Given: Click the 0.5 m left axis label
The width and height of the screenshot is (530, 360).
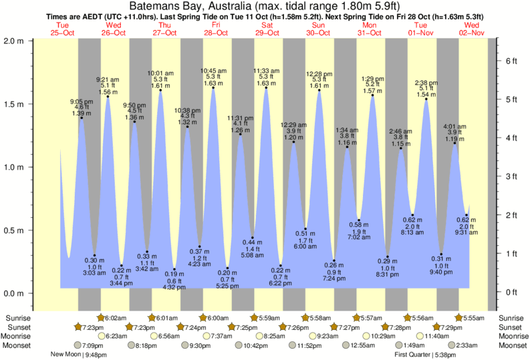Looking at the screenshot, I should tap(14, 230).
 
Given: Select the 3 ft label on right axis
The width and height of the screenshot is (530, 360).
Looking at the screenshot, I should tap(511, 176).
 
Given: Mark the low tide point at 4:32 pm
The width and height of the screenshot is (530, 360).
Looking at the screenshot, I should tap(174, 269).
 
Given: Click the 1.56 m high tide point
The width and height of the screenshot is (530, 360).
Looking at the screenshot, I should tap(108, 96).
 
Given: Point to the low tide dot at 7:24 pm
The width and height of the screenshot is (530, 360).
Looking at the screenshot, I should tap(334, 260).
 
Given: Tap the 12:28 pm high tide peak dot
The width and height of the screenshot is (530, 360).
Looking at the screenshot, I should tap(319, 90).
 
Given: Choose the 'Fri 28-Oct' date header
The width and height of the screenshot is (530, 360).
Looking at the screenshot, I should tap(217, 28).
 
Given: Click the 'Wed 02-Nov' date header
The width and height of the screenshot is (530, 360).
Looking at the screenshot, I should tap(471, 28).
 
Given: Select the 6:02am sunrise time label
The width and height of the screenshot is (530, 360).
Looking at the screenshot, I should tap(116, 317).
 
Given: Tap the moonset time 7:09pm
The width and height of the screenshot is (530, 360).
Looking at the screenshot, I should tap(92, 345).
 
